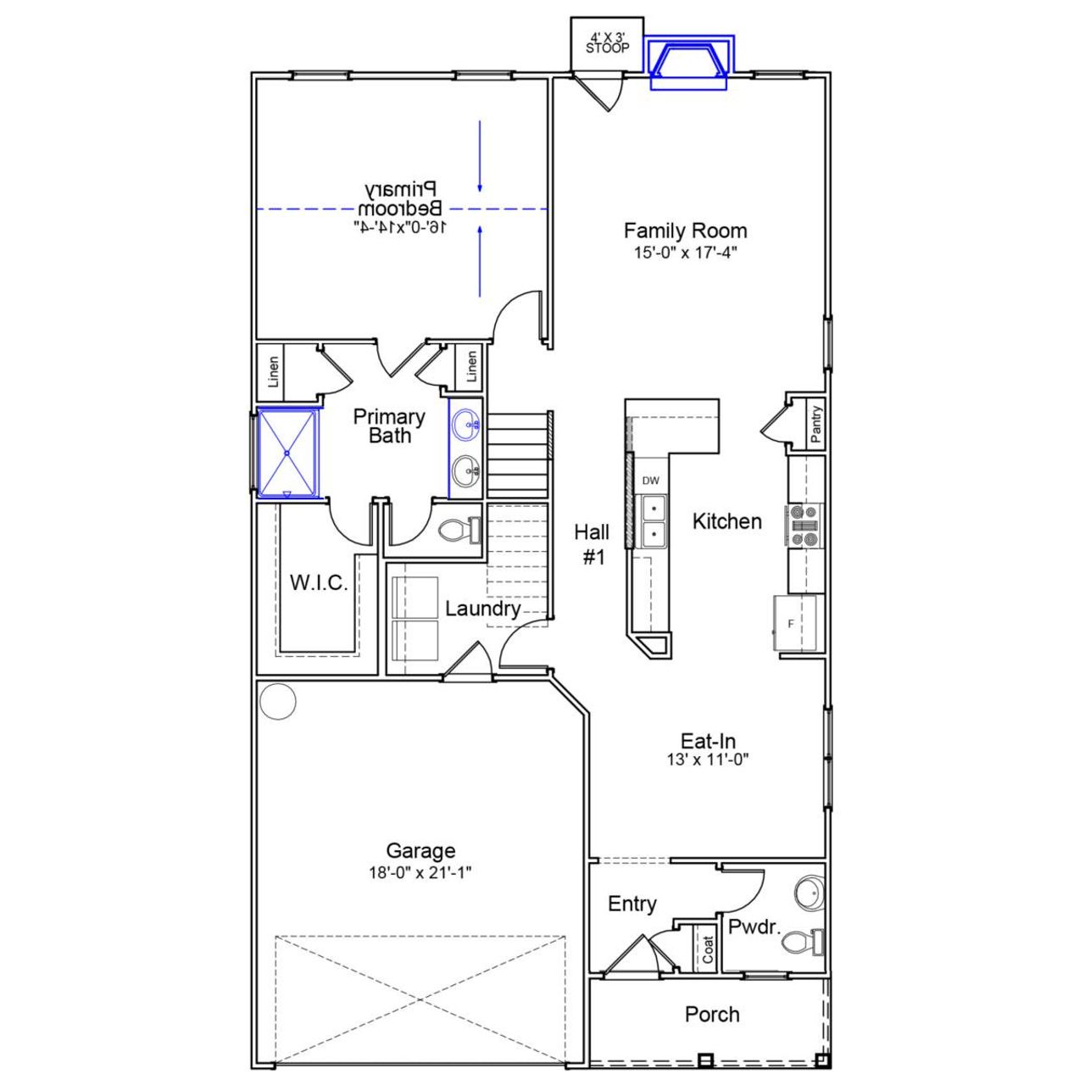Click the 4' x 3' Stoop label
[608, 43]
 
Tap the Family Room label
[685, 231]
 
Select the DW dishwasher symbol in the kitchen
[650, 481]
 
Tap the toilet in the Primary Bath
[459, 531]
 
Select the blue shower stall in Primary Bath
[288, 453]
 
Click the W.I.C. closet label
[319, 583]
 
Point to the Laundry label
[482, 609]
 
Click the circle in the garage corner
[277, 701]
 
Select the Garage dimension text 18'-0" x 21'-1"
[420, 873]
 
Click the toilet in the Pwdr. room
[802, 942]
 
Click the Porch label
[712, 1015]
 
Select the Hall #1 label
[592, 544]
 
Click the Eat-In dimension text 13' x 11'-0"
[708, 760]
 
